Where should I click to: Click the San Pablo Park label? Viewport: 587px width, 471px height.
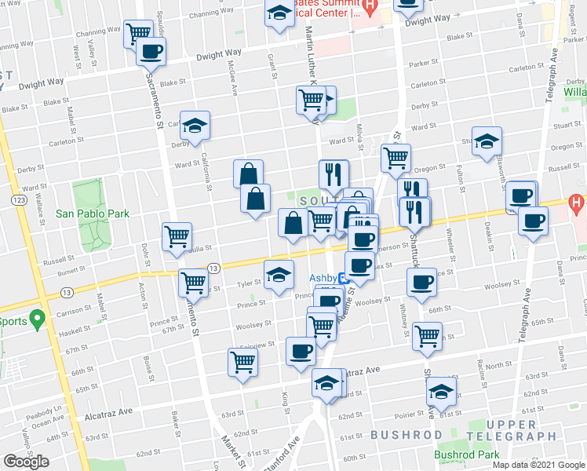pyautogui.click(x=92, y=213)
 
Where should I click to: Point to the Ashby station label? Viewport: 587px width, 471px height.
pyautogui.click(x=322, y=277)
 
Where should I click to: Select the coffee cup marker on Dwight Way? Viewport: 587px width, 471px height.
pyautogui.click(x=151, y=52)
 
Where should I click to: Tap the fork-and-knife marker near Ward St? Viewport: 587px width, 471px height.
pyautogui.click(x=334, y=173)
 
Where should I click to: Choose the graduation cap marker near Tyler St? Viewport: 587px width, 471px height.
pyautogui.click(x=277, y=275)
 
